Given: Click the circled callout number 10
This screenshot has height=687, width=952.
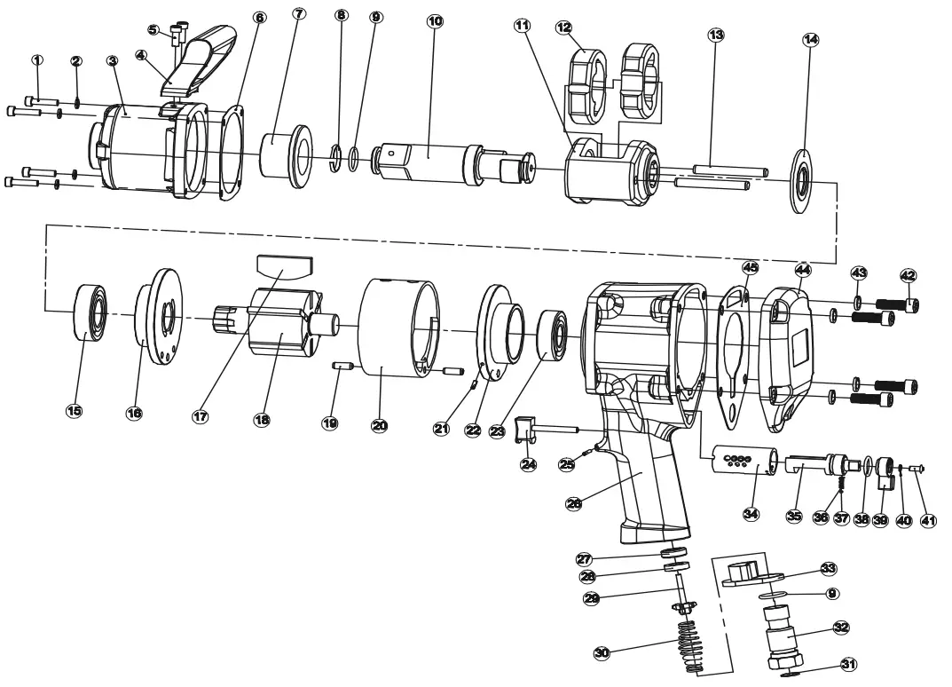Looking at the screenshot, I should coord(435,20).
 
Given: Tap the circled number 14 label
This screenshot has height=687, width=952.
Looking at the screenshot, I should coord(810,40).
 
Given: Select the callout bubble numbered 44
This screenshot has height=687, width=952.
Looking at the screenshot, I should coord(802,268).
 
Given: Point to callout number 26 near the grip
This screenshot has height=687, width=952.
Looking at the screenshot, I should coord(576,503).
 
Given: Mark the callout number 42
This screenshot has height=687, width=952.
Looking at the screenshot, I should coord(909,275).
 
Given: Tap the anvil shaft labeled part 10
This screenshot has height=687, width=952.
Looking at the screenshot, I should coord(435,160).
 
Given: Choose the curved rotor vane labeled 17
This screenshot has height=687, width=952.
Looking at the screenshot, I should coord(284,265).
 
